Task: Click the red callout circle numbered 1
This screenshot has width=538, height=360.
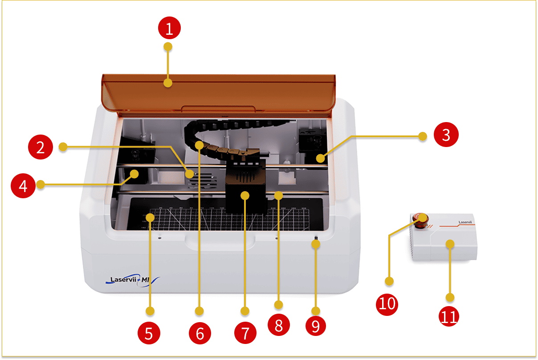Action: (x=169, y=29)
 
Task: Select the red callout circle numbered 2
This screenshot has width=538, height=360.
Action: (x=41, y=147)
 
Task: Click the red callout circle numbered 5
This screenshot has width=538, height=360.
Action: (x=149, y=333)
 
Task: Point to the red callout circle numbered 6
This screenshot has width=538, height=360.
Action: (x=200, y=333)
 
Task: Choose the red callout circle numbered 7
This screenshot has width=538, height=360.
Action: (x=245, y=333)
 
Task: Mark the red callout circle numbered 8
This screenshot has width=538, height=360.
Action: (x=279, y=325)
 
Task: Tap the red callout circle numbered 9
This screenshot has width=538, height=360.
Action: (x=316, y=326)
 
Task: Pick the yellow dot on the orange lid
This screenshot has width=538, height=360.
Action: (x=168, y=83)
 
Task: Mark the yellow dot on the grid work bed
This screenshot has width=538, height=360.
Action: (x=151, y=217)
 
